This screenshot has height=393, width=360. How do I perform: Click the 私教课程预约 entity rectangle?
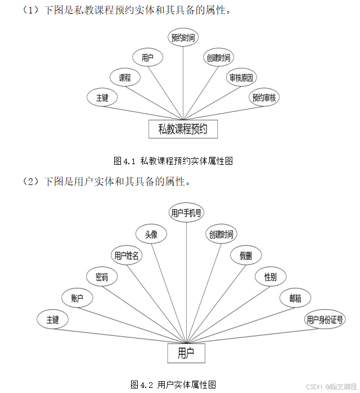183,129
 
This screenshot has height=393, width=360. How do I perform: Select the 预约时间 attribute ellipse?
183,38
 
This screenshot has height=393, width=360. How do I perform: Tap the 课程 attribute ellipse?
124,78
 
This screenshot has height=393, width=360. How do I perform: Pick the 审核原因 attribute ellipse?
241,78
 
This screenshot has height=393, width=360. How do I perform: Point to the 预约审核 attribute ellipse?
264,97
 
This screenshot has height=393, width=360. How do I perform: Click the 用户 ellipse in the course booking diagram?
148,57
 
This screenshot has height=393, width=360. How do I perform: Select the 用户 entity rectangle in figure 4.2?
186,353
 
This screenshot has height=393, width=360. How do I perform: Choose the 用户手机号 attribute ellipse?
187,213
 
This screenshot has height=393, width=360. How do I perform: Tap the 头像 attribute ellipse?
151,234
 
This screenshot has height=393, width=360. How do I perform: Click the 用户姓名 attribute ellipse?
127,255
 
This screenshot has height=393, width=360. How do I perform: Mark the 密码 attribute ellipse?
102,277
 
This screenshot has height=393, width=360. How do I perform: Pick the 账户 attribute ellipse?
78,298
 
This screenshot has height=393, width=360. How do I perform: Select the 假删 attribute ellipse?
246,255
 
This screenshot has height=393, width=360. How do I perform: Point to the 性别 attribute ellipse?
271,277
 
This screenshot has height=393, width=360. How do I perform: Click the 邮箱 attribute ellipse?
295,298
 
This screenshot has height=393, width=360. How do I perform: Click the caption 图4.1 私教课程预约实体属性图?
173,161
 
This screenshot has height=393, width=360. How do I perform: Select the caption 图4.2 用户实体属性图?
173,385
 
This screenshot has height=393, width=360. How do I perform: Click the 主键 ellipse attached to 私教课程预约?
102,97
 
